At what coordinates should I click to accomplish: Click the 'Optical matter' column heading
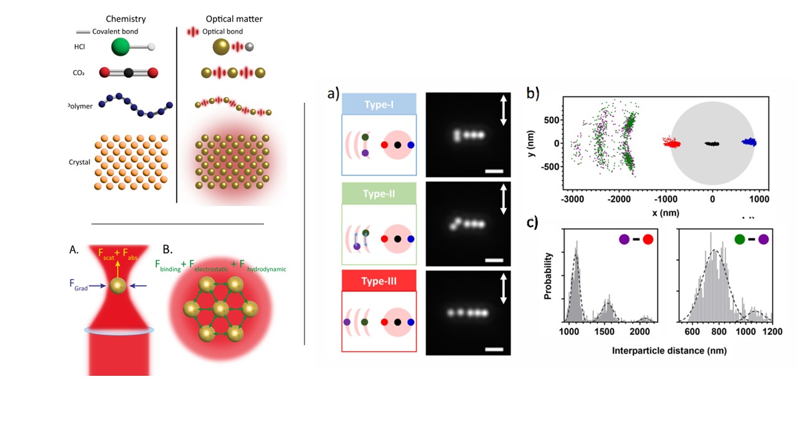[233, 19]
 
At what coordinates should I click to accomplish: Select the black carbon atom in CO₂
[128, 73]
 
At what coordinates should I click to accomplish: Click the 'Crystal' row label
[80, 162]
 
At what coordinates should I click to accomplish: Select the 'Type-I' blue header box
[379, 103]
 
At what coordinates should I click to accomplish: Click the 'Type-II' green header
[379, 194]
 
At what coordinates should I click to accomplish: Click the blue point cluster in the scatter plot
[748, 142]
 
